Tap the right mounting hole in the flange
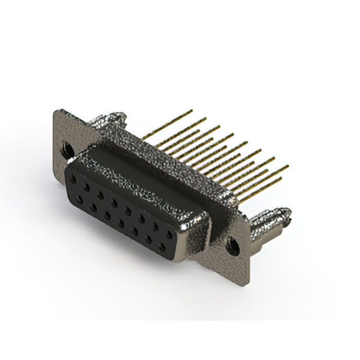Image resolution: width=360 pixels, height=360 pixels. tap(231, 245)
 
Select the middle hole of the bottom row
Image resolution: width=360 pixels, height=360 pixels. tap(121, 223)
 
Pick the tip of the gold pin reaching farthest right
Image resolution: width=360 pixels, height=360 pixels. tap(287, 166)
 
